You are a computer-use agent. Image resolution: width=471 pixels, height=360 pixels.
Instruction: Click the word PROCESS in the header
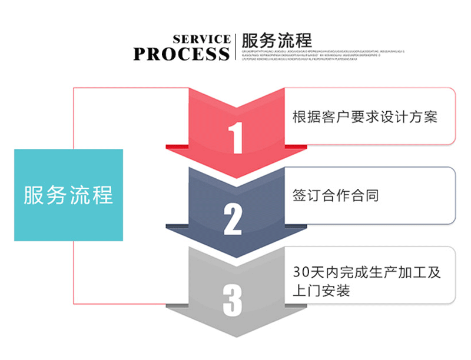(181, 54)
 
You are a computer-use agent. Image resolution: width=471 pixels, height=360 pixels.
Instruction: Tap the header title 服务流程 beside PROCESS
(277, 41)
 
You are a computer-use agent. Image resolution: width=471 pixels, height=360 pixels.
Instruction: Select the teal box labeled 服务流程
(68, 195)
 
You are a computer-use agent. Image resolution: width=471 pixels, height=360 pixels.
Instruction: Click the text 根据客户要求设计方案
(365, 116)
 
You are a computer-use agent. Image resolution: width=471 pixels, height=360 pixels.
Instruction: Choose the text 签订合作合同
(336, 195)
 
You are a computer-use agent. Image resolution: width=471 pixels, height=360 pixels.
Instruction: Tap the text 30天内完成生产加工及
(366, 273)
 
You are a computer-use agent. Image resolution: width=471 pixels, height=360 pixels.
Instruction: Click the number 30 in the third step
(300, 273)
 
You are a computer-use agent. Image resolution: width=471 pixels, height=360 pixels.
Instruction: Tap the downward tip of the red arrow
(235, 184)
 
